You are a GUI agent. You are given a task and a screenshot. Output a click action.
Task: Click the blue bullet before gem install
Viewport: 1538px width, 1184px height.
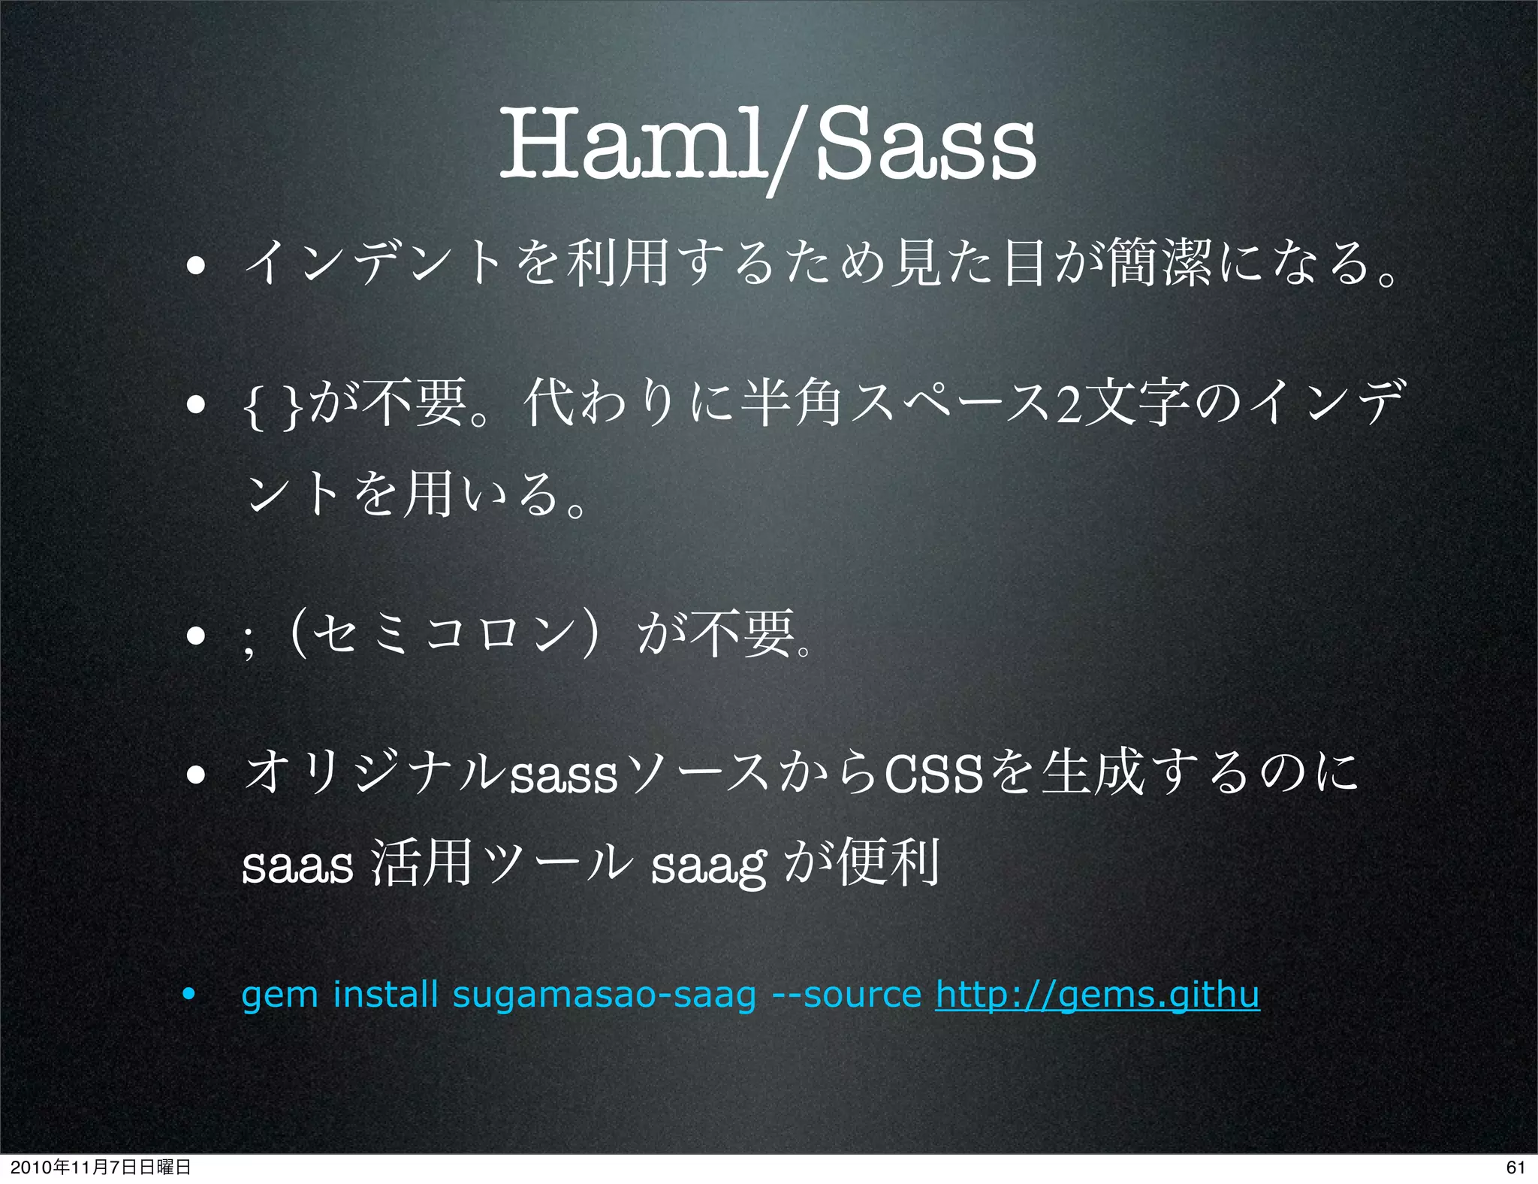pyautogui.click(x=189, y=995)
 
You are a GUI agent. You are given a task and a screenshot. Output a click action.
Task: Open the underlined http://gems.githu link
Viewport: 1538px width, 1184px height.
pyautogui.click(x=1096, y=995)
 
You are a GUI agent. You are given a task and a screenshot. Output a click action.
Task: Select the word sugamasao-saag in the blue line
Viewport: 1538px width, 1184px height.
pyautogui.click(x=604, y=995)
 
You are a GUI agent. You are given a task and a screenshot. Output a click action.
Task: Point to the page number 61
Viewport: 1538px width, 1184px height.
pyautogui.click(x=1515, y=1167)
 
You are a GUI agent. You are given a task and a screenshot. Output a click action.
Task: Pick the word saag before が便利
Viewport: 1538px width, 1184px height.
pyautogui.click(x=708, y=866)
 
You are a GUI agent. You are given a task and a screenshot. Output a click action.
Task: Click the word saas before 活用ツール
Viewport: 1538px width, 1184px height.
pyautogui.click(x=297, y=866)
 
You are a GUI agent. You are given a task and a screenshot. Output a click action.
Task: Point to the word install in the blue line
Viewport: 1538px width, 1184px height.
pyautogui.click(x=384, y=995)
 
